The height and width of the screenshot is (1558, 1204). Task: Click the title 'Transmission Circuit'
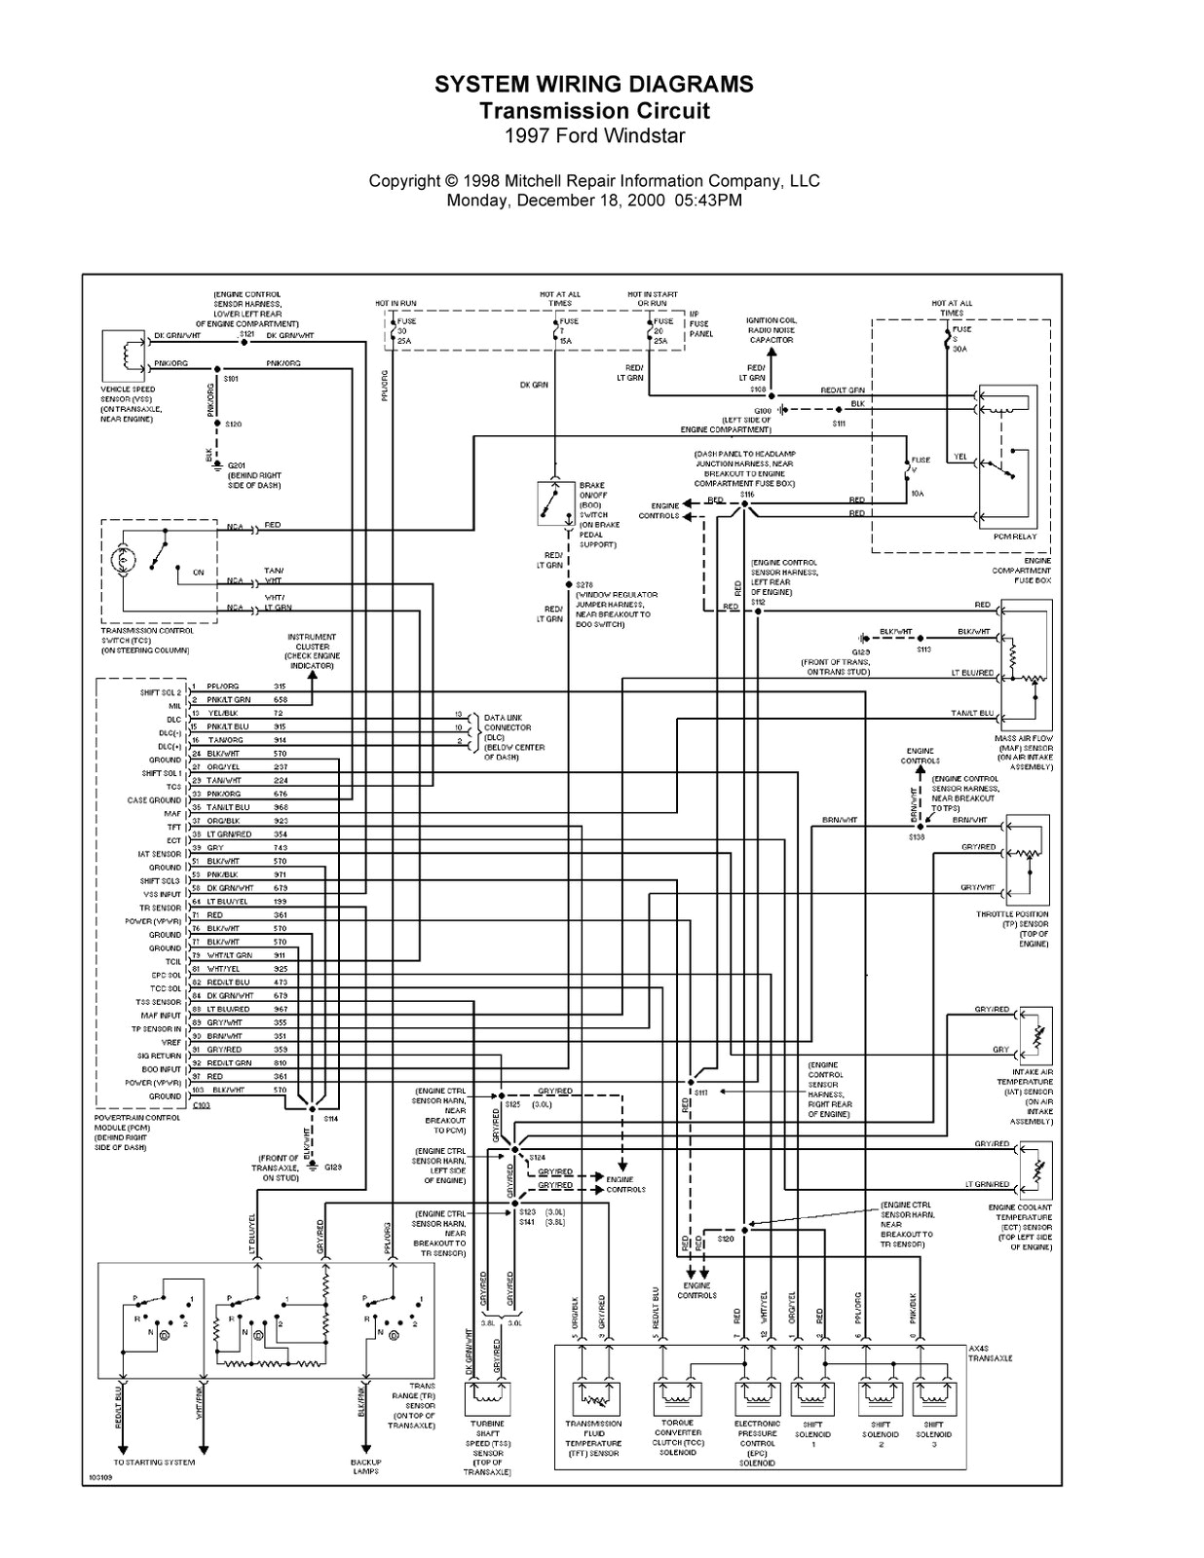click(594, 111)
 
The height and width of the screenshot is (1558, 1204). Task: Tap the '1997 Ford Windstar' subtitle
click(594, 135)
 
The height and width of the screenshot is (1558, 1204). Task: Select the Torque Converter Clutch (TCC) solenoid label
click(677, 1437)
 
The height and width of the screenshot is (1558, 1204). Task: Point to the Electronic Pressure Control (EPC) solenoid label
click(757, 1442)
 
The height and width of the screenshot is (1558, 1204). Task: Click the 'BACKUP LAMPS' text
click(365, 1466)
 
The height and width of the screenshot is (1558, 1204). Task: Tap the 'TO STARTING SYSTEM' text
click(154, 1462)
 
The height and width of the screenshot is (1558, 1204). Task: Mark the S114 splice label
click(331, 1119)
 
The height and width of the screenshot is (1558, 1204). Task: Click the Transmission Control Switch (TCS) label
click(145, 640)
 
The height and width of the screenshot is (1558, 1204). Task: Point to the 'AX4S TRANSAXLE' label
click(991, 1354)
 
